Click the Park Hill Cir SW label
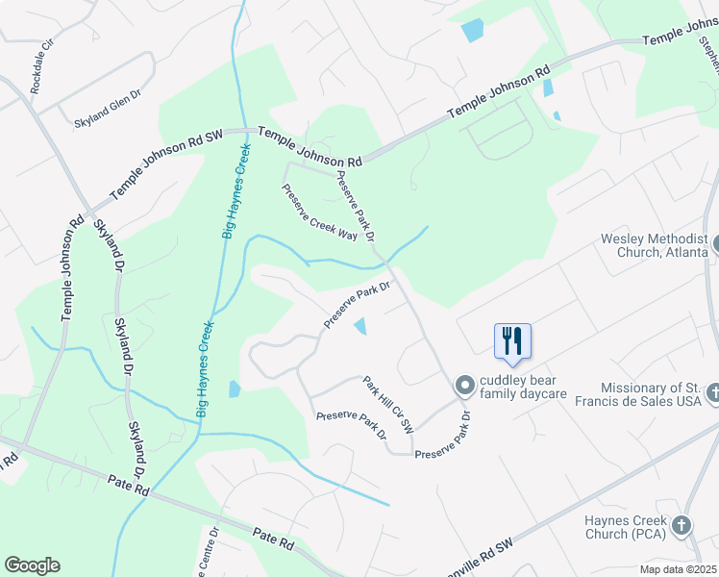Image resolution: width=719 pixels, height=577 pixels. tap(387, 404)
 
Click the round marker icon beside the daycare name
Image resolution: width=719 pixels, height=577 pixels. tap(465, 386)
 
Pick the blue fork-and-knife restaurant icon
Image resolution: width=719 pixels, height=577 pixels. tap(512, 339)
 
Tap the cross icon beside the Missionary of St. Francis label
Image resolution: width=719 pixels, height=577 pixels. tap(713, 392)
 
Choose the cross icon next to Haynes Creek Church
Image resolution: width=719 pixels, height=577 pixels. tap(682, 525)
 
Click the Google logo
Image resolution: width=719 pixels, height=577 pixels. tap(33, 565)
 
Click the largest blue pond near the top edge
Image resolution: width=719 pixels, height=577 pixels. tap(473, 30)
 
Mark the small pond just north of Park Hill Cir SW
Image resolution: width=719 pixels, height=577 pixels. tap(360, 326)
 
